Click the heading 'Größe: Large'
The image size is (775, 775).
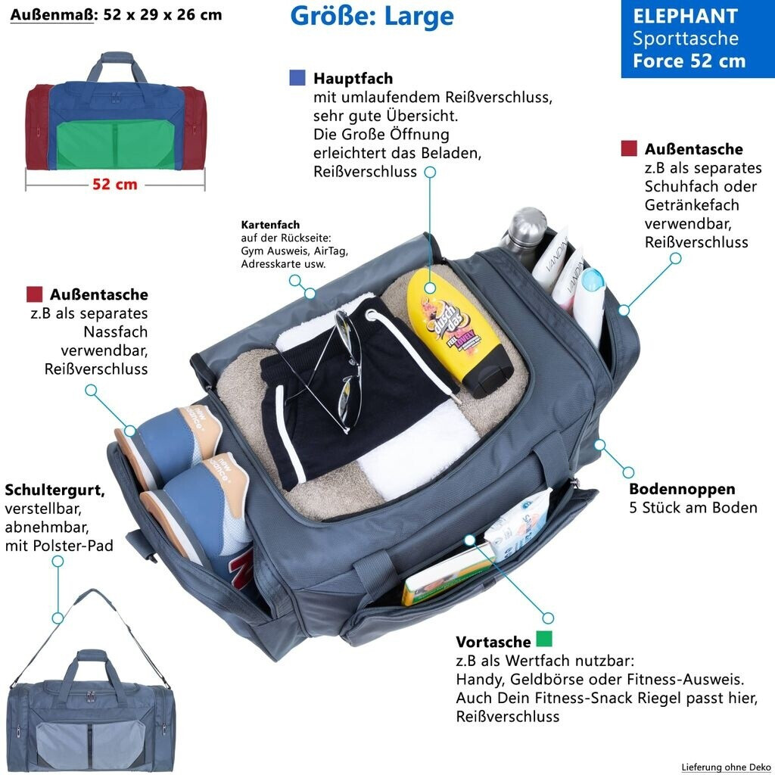372,17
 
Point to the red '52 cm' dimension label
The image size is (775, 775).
115,184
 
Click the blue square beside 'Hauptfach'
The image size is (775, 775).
297,77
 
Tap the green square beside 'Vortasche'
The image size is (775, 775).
543,640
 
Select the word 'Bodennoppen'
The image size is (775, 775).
682,489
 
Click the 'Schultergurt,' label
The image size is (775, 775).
54,489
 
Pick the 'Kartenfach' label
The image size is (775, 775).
270,225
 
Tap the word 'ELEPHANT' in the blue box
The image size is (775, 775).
685,17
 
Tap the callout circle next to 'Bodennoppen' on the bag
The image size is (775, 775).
601,445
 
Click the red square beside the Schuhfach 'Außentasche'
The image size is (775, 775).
629,148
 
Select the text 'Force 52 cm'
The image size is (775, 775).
689,61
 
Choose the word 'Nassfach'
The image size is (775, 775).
116,331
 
